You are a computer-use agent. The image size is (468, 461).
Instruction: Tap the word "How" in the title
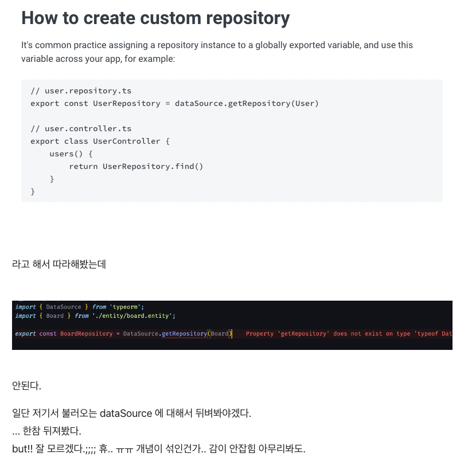(41, 18)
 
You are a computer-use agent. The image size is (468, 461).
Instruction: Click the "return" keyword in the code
(83, 166)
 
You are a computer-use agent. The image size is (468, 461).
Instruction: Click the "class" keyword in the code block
(76, 141)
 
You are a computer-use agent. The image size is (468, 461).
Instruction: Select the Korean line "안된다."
(26, 386)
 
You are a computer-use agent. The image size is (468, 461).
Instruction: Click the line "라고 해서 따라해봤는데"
(58, 265)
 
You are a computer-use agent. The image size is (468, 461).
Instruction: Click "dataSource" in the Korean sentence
(126, 413)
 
